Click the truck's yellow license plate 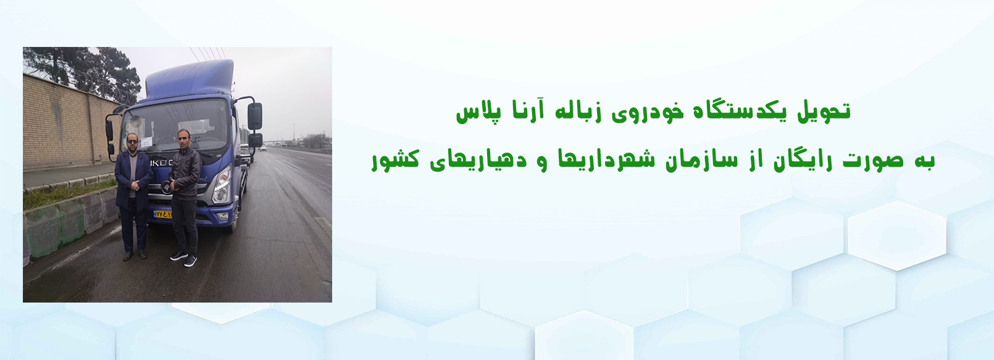(x=163, y=214)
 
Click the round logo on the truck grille (x=166, y=188)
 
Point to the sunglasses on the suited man (x=133, y=141)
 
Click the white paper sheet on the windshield (x=146, y=141)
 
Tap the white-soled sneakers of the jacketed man (x=184, y=259)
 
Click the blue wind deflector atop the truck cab (x=190, y=79)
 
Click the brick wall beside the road (x=67, y=124)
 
